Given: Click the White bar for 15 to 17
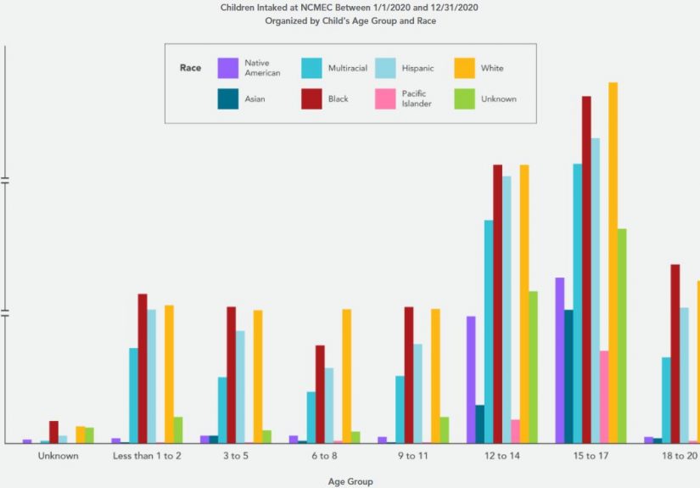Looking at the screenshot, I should pos(613,263).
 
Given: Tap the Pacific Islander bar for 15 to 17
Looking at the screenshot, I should pos(604,397).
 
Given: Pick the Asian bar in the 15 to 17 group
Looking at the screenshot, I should pos(568,377).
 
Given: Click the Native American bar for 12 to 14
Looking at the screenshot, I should pos(471,379).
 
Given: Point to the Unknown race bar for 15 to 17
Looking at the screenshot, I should pos(622,336).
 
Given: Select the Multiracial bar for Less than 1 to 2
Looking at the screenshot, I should pos(134,395).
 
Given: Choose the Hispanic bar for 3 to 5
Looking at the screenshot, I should pos(240,387).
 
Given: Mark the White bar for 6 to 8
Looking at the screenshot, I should pos(346,376).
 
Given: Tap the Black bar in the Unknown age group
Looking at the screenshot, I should pos(53,432).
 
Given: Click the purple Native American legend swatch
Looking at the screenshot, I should pos(227,68).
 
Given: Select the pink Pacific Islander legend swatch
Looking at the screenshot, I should pos(385,98).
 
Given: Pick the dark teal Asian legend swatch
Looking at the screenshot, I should pos(227,98).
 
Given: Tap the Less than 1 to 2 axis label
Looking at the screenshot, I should pos(147,457).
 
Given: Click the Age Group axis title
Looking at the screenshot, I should pos(350,481).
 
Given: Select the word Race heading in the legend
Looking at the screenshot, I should pos(190,68).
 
